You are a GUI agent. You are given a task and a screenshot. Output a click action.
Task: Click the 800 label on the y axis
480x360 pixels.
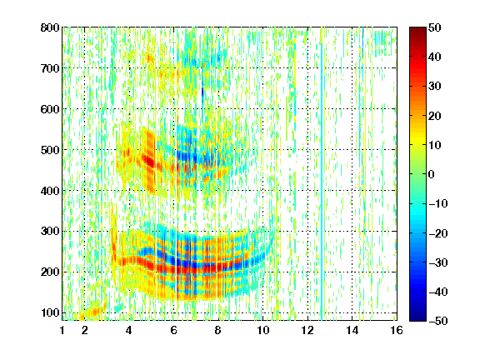[x=50, y=27]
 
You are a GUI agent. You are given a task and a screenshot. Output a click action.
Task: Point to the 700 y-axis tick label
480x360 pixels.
[x=50, y=68]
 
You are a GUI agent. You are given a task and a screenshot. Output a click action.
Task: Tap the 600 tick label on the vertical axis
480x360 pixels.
[x=50, y=109]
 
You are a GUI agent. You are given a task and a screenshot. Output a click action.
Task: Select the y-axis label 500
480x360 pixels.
[x=50, y=150]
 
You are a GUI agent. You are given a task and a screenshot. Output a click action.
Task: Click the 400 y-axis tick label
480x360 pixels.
[x=50, y=191]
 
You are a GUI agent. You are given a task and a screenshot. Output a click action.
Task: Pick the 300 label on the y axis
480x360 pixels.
[x=50, y=232]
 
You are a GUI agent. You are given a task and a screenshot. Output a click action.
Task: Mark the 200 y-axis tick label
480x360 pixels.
[x=50, y=272]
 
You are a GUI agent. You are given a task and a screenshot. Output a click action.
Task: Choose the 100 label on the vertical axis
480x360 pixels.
[x=50, y=312]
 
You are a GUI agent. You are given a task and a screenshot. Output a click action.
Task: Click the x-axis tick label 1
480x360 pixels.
[x=62, y=330]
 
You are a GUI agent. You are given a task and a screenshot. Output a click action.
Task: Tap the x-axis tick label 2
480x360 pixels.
[x=85, y=330]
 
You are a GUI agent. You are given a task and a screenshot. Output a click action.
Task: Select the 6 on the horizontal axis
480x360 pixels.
[x=174, y=330]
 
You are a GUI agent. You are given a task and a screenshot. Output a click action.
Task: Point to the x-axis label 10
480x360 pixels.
[x=263, y=330]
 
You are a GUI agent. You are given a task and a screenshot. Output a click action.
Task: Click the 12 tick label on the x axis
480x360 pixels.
[x=307, y=330]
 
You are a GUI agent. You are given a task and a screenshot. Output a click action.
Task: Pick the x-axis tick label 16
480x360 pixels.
[x=397, y=330]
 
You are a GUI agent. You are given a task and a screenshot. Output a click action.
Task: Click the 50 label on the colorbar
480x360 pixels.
[x=434, y=27]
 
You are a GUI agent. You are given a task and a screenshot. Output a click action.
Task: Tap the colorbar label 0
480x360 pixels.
[x=432, y=174]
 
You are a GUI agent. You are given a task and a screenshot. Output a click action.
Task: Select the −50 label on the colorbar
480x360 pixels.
[x=438, y=321]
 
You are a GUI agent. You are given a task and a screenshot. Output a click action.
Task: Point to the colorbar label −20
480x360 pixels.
[x=438, y=233]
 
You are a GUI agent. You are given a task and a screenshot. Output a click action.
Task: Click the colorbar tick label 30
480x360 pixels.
[x=434, y=87]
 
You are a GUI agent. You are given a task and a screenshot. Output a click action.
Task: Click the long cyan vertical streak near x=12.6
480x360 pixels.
[x=322, y=174]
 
